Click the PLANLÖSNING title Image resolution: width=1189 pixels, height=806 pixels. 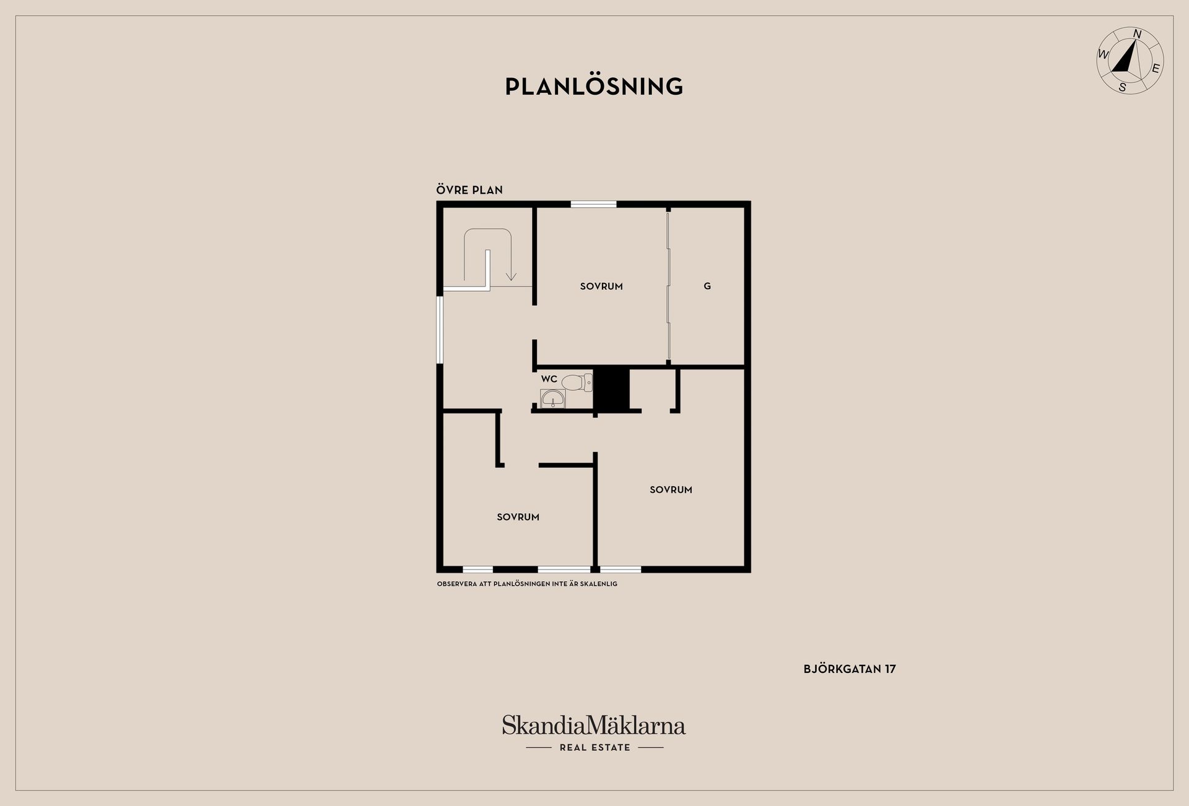pyautogui.click(x=594, y=87)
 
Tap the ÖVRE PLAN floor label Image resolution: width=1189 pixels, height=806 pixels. pyautogui.click(x=469, y=190)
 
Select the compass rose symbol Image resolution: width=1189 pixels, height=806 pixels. pyautogui.click(x=1130, y=61)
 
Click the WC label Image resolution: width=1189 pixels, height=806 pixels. pyautogui.click(x=549, y=379)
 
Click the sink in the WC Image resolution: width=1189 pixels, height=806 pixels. pyautogui.click(x=552, y=399)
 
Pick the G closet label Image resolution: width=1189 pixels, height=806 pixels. pyautogui.click(x=707, y=286)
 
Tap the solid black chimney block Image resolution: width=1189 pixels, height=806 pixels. pyautogui.click(x=611, y=389)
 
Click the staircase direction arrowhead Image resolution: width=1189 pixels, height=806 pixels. pyautogui.click(x=511, y=275)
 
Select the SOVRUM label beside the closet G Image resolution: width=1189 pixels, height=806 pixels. pyautogui.click(x=601, y=286)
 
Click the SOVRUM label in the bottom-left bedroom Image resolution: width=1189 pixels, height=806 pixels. pyautogui.click(x=518, y=517)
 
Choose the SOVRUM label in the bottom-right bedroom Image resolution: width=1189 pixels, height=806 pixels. pyautogui.click(x=671, y=490)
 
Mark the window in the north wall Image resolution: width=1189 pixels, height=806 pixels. pyautogui.click(x=593, y=204)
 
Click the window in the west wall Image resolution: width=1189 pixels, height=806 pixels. pyautogui.click(x=440, y=330)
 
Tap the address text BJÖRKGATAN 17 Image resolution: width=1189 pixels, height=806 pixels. pyautogui.click(x=850, y=669)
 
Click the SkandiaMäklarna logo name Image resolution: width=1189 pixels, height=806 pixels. pyautogui.click(x=594, y=726)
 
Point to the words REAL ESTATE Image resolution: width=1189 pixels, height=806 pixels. pyautogui.click(x=594, y=747)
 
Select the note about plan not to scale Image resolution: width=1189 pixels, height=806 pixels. pyautogui.click(x=527, y=584)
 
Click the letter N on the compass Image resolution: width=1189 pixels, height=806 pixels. pyautogui.click(x=1137, y=34)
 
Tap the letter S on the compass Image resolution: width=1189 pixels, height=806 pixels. pyautogui.click(x=1122, y=88)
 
